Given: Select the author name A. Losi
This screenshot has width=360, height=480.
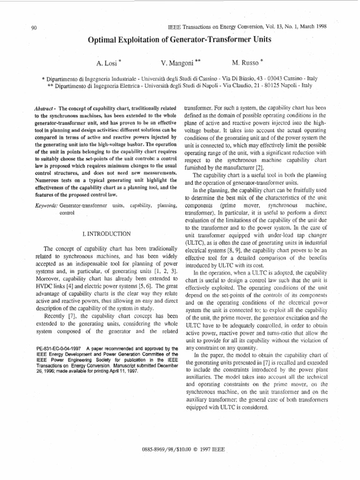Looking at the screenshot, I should click(x=106, y=62).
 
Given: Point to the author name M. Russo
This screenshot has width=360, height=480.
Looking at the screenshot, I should click(x=245, y=62).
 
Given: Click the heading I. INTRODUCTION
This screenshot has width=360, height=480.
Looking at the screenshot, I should click(x=106, y=233).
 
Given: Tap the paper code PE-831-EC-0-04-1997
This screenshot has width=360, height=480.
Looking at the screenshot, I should click(x=59, y=348).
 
